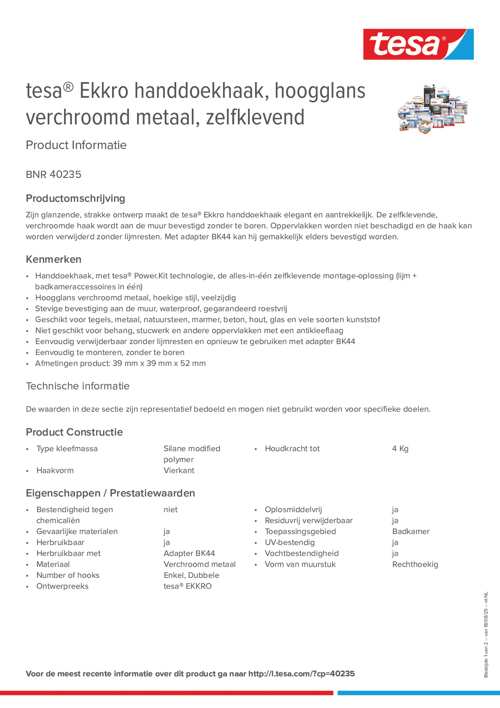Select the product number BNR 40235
pos(54,174)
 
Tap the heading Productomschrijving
pos(76,198)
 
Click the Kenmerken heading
pos(54,259)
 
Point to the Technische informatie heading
pos(78,386)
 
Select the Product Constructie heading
pos(74,432)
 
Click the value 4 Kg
pos(400,449)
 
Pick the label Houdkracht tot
pos(292,449)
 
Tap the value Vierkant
pos(179,470)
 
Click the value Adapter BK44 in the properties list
pos(189,553)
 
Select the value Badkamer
pos(411,532)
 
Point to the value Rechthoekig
pos(415,564)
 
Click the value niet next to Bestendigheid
pos(170,510)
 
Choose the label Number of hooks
pos(68,575)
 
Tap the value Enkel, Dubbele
pos(191,575)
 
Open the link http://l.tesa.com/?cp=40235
pos(301,674)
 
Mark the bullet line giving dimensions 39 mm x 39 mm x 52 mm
pos(120,364)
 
